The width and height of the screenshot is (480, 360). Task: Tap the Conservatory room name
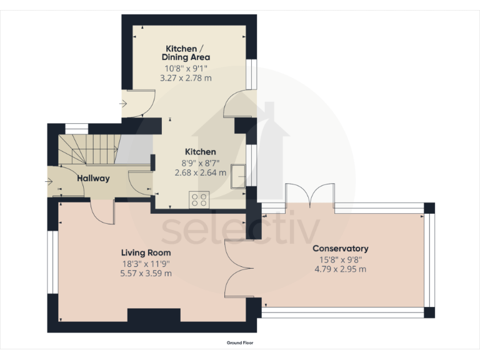click(341, 248)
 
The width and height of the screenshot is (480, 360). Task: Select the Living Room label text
click(146, 252)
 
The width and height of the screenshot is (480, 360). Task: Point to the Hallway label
click(93, 178)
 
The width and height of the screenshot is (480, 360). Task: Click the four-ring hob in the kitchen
click(200, 200)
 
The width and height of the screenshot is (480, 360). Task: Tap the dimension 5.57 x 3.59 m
click(146, 273)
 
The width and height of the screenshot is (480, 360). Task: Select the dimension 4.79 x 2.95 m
click(341, 269)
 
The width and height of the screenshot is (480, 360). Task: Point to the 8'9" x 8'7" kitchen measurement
click(200, 162)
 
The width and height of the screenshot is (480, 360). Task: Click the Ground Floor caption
click(240, 342)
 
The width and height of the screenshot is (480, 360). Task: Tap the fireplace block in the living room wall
click(154, 315)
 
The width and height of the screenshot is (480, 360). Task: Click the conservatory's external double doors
click(310, 195)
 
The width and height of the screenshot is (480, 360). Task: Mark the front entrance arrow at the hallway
click(49, 182)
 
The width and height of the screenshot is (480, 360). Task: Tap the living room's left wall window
click(52, 262)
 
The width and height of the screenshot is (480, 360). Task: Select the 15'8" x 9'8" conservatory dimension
click(341, 259)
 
